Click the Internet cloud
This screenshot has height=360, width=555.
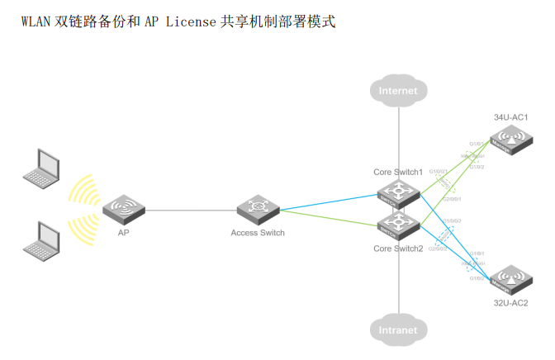click(x=399, y=90)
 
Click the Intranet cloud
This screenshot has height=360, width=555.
click(x=399, y=329)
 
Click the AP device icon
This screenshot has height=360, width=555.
click(x=122, y=210)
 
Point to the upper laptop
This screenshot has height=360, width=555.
click(x=41, y=166)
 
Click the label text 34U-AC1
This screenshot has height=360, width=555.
click(x=510, y=117)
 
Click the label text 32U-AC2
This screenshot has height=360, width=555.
click(x=510, y=304)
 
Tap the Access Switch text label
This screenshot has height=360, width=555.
click(x=258, y=233)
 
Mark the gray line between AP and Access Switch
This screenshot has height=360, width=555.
click(x=190, y=210)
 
